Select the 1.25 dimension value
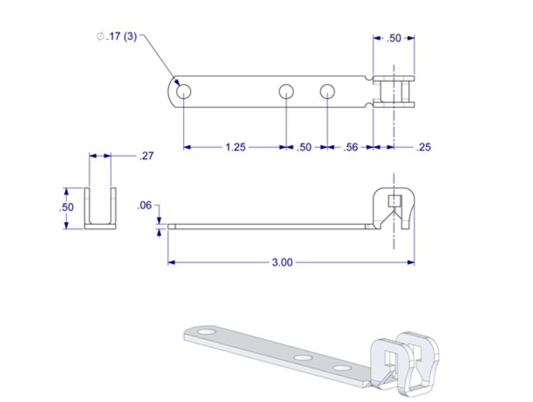coord(235,147)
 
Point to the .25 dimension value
coord(423,147)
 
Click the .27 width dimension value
coord(146,156)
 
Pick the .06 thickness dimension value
coord(145,205)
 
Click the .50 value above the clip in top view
coord(394,38)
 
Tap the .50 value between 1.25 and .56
coord(305,147)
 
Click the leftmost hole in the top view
coord(184,91)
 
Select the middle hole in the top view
coord(286,91)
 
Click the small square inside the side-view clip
coord(394,202)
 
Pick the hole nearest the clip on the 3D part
coord(342,368)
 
